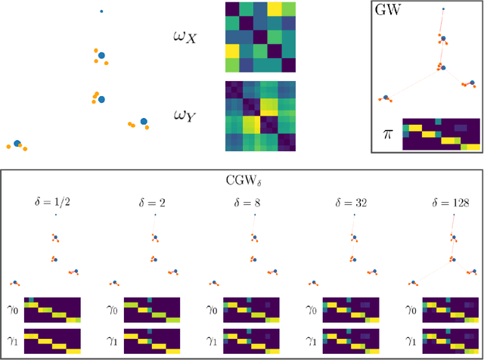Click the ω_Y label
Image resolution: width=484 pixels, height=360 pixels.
(185, 115)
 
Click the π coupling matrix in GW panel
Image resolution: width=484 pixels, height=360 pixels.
(441, 135)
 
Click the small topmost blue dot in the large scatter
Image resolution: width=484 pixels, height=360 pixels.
(102, 11)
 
